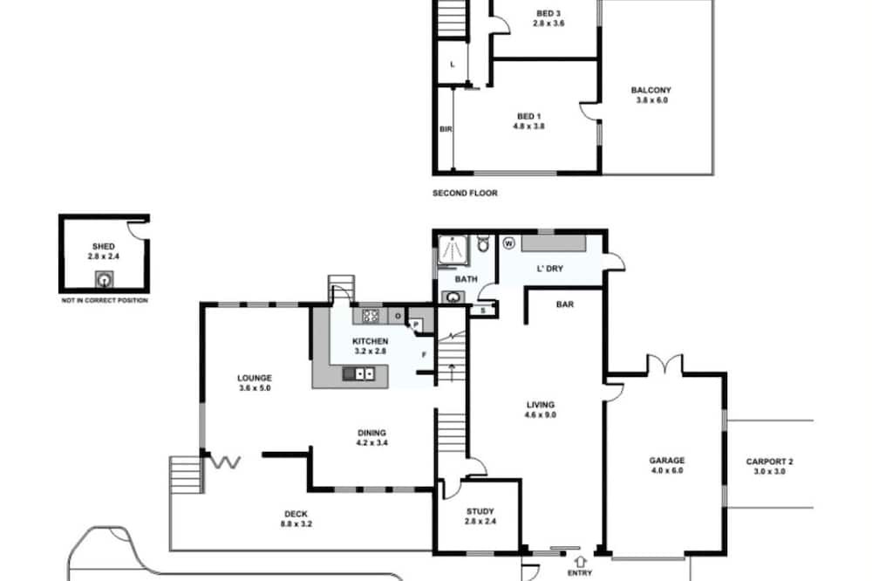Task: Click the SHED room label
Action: (x=104, y=247)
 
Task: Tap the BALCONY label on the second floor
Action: (x=651, y=90)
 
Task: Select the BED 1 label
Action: (x=529, y=116)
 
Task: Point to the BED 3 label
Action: (x=548, y=13)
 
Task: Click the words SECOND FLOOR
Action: (x=465, y=193)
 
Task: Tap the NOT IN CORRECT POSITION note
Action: (x=105, y=300)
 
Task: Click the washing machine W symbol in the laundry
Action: (x=509, y=243)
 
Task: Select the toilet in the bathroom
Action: (x=483, y=243)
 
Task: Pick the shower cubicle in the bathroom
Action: (x=453, y=249)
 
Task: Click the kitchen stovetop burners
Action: (x=371, y=316)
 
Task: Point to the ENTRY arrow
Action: (x=581, y=562)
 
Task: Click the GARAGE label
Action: (x=667, y=461)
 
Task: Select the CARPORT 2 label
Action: (x=769, y=461)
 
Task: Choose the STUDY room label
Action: (x=480, y=511)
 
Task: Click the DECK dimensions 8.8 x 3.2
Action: (x=296, y=524)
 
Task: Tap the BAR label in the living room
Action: (x=565, y=305)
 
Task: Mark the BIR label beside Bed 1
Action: (x=446, y=130)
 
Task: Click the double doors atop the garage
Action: (x=665, y=364)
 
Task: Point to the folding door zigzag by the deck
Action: (x=225, y=461)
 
